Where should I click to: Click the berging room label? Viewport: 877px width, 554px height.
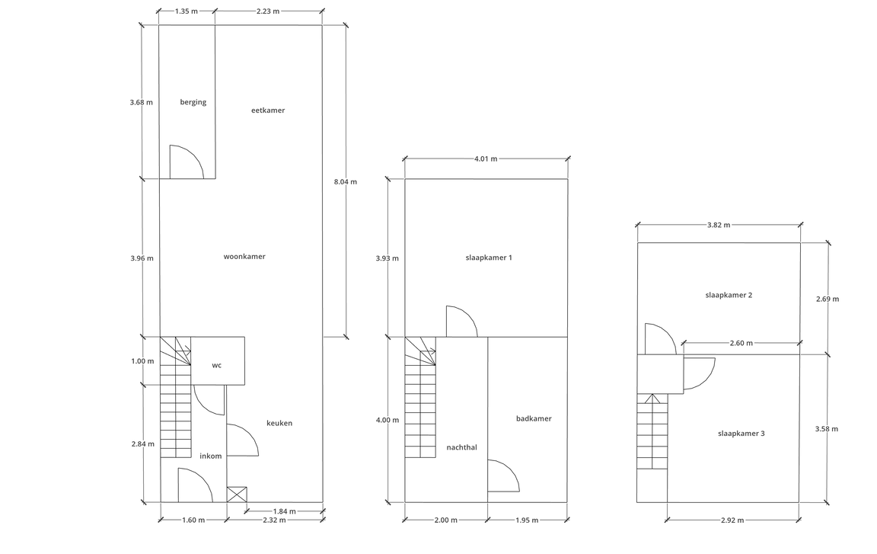(193, 102)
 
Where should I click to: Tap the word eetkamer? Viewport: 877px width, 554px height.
(268, 110)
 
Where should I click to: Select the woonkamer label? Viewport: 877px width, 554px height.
(244, 257)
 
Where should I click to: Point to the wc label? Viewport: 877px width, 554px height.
(216, 366)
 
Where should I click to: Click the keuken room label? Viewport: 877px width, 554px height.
(279, 423)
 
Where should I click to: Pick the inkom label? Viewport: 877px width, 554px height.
(210, 456)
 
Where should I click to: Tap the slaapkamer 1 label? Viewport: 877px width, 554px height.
(489, 258)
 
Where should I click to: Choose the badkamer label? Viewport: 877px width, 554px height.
(534, 418)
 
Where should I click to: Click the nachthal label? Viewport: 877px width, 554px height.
(462, 447)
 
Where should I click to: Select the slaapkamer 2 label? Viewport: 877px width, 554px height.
(729, 296)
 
